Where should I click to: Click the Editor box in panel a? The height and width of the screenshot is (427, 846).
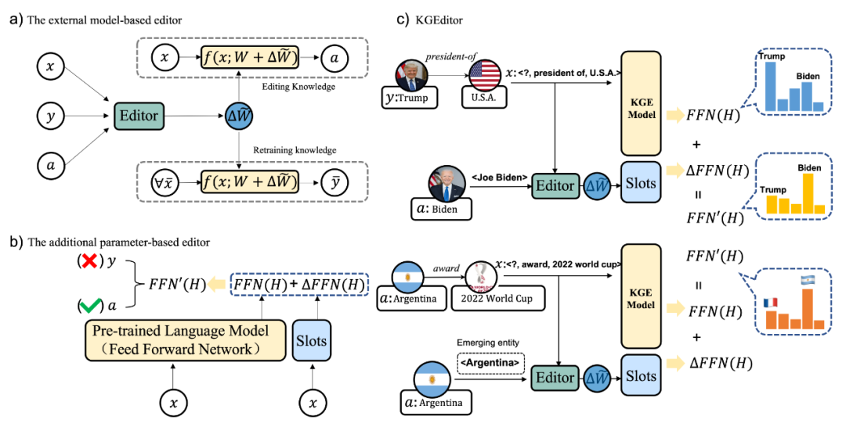[139, 116]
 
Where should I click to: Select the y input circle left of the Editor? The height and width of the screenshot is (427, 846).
[51, 116]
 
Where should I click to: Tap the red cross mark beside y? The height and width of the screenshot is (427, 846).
[89, 261]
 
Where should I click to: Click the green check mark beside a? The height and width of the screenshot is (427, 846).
[90, 306]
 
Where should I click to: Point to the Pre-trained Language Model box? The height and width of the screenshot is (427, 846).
[185, 340]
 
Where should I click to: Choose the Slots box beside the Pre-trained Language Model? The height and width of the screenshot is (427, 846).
[311, 340]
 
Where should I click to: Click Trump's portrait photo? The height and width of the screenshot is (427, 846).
[412, 75]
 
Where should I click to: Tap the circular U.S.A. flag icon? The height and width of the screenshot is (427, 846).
[485, 75]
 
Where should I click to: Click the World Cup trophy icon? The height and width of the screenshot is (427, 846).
[481, 279]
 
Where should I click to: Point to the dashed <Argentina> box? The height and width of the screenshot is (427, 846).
[490, 363]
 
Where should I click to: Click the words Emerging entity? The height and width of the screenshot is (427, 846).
[487, 343]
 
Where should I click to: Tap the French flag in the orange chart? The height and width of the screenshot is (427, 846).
[771, 303]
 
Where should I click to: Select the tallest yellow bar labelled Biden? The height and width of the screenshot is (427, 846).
[808, 194]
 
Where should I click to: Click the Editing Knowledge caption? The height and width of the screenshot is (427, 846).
[298, 86]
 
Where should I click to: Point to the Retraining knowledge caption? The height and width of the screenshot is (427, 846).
[295, 149]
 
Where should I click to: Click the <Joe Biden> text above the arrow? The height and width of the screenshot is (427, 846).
[499, 178]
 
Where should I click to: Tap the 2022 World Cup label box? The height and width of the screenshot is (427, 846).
[497, 298]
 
